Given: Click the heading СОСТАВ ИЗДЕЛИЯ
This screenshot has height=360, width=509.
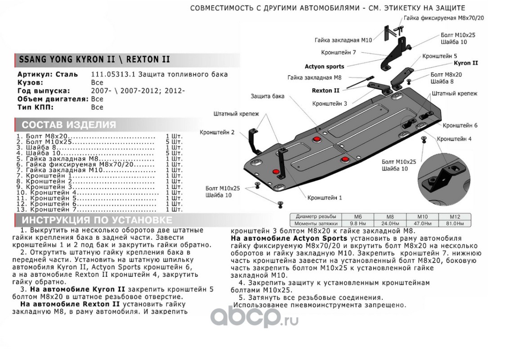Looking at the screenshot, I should [69, 125].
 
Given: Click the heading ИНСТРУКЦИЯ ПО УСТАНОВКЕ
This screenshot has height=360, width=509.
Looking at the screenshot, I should [97, 220].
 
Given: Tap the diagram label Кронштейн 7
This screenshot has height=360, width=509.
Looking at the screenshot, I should [339, 53].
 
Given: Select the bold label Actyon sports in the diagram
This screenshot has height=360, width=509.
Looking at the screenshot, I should [324, 67].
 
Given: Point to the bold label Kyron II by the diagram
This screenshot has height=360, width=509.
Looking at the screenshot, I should [465, 63].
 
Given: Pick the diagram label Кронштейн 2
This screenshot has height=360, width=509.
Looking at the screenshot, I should [218, 132].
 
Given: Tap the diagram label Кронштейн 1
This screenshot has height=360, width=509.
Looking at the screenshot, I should [325, 198].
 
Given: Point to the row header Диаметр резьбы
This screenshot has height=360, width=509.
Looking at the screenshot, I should [316, 216].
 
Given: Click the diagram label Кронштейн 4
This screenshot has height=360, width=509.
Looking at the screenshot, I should [454, 139].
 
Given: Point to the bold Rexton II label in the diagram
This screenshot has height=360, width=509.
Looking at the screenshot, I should [326, 90].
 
